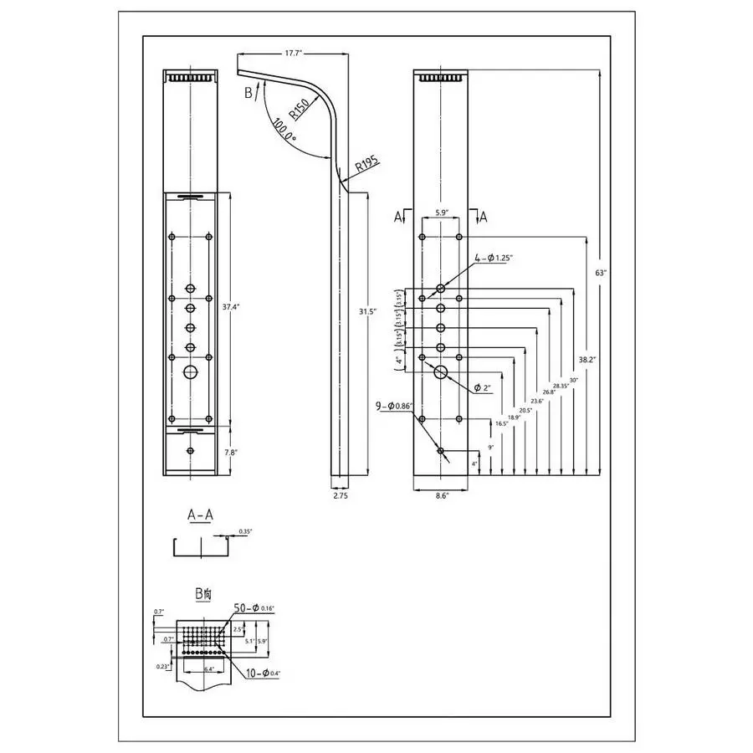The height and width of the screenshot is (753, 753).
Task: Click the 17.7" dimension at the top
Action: point(292,53)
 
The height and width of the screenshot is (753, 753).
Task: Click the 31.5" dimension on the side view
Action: point(366,311)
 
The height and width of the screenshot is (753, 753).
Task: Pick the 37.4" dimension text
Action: point(231,307)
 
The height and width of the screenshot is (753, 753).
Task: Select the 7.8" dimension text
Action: point(231,452)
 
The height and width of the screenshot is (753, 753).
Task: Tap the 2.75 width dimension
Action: point(340,495)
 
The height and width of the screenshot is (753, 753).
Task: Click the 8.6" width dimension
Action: point(442,496)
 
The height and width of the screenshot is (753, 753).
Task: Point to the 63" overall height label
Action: point(599,273)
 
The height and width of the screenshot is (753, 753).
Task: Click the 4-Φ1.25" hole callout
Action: point(494,258)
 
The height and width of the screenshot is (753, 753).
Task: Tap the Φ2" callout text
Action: point(482,387)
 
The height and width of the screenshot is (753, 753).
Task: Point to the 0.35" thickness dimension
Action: point(245,531)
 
